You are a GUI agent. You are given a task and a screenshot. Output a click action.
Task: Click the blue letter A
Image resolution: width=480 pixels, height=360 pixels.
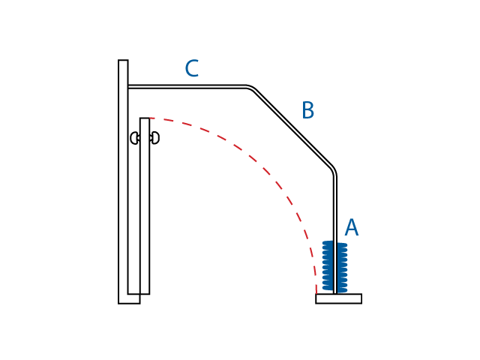351,228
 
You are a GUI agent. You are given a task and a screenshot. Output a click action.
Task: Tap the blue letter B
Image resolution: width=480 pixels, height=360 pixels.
307,111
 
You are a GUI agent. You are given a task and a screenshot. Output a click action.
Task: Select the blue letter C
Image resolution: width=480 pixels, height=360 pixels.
191,69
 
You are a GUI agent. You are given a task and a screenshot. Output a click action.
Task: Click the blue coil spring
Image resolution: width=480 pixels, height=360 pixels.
334,267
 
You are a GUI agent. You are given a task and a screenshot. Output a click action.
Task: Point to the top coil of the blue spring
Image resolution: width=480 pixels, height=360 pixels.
334,244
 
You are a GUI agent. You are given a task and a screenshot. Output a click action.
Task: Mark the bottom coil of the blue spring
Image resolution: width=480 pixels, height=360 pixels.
334,289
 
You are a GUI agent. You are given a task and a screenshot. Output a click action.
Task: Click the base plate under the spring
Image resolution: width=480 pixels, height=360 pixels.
338,298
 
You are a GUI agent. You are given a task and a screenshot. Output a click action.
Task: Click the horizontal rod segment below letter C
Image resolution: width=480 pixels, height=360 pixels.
187,87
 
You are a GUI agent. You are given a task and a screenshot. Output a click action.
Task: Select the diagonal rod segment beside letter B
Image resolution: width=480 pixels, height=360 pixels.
292,128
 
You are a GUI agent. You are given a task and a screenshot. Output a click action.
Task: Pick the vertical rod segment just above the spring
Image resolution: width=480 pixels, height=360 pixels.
335,210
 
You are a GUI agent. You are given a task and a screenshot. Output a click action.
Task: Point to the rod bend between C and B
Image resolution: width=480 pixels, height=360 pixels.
251,89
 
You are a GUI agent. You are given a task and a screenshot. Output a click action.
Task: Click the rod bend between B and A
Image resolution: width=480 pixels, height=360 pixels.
333,172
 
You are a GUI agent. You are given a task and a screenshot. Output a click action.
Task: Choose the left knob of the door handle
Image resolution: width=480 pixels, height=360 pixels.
134,138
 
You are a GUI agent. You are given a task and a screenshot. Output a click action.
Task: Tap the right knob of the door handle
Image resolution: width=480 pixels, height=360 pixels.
154,138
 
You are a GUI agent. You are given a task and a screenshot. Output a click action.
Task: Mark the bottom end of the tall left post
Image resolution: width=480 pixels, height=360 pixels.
128,301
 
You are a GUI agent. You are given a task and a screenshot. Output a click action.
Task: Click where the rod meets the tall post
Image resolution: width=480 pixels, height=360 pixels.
128,87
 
